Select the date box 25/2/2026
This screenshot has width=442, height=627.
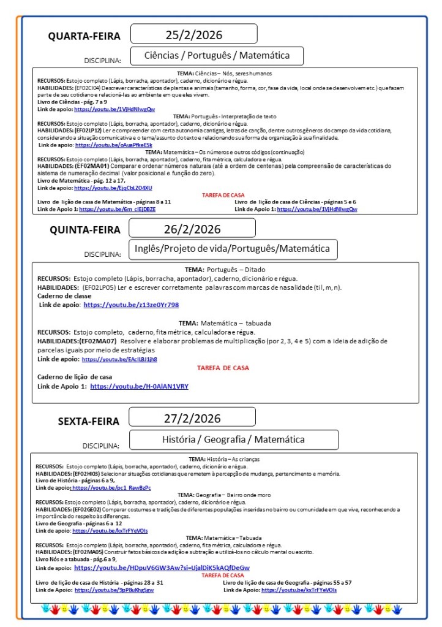193,34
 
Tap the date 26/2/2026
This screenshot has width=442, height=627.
192,229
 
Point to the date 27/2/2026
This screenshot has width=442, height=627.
192,419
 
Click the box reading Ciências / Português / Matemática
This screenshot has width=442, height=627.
217,56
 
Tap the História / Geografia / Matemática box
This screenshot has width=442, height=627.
233,439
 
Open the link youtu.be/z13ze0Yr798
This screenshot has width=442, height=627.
131,305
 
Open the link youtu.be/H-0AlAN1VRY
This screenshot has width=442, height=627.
139,387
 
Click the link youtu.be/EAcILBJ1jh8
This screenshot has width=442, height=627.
119,359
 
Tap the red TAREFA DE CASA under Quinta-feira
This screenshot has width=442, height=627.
223,368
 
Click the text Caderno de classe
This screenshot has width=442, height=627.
64,296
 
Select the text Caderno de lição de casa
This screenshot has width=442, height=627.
75,377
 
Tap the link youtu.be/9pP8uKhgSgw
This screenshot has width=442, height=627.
114,590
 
